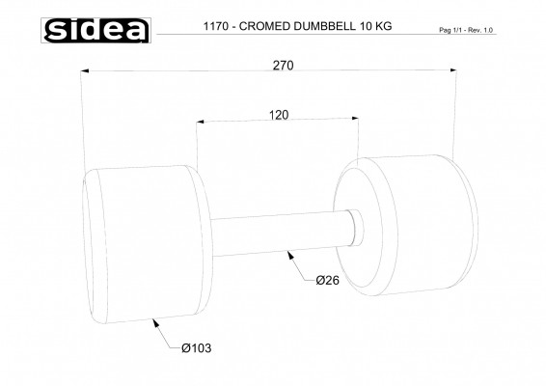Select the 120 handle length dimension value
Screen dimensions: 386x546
pos(279,114)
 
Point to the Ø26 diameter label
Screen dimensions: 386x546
pos(327,281)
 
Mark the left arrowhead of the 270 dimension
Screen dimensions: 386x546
pos(86,70)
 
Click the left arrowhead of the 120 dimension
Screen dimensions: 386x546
pos(200,121)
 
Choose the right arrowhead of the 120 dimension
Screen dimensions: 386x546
pos(356,121)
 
